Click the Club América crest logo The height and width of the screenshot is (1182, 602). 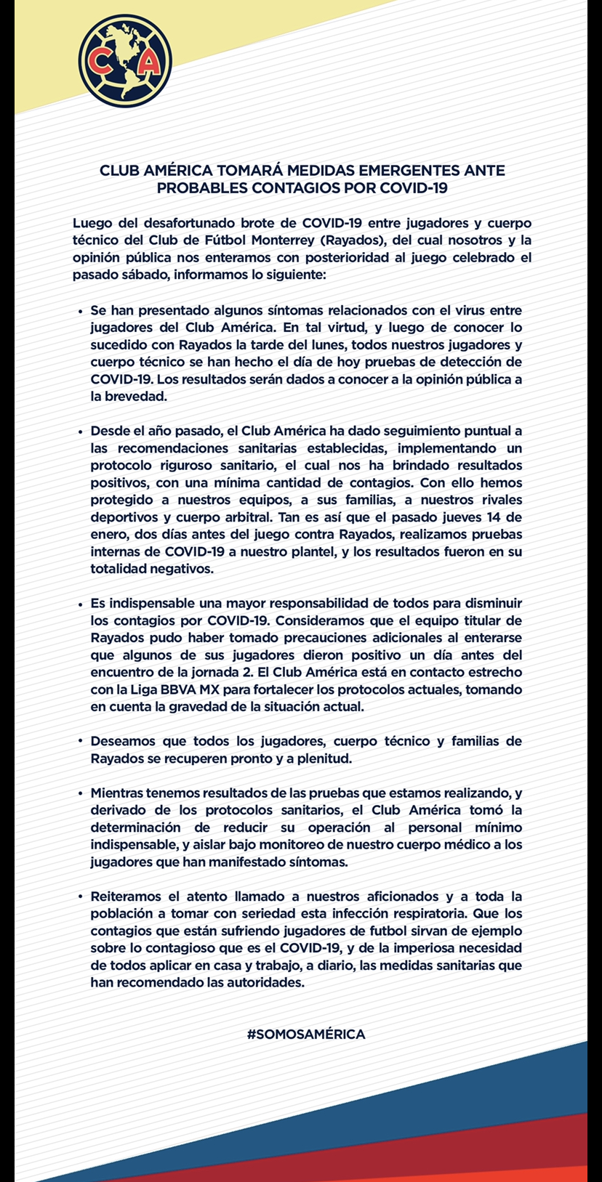pos(126,61)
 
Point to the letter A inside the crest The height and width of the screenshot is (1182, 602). pos(150,63)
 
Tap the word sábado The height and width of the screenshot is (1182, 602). pos(140,275)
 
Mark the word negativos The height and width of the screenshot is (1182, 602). pos(177,570)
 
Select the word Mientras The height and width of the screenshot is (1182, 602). pos(117,793)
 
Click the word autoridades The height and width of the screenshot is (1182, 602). pos(265,983)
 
